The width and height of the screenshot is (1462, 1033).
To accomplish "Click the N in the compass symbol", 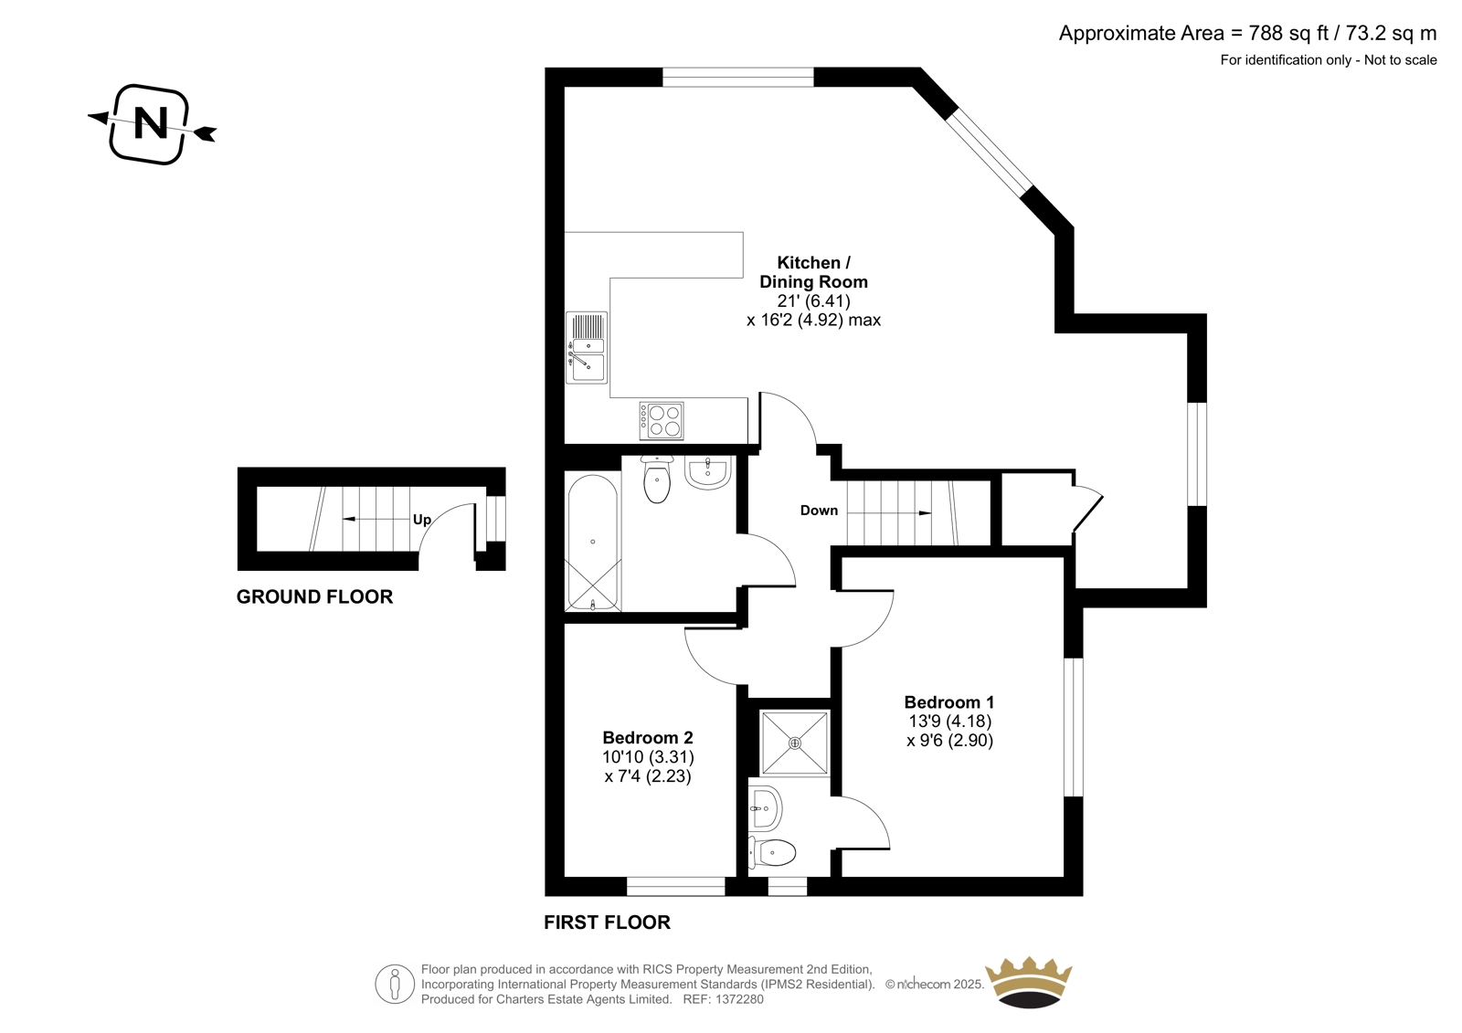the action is [151, 122].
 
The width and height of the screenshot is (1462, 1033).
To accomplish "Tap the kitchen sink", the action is [587, 347].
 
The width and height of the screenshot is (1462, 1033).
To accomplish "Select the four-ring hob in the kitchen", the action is [662, 420].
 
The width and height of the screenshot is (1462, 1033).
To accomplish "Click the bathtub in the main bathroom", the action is [593, 541].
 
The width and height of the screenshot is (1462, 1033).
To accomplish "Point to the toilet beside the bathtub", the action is [657, 479].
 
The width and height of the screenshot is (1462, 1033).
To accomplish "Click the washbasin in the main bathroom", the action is [707, 472].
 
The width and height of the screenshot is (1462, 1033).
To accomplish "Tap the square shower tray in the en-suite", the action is [795, 743].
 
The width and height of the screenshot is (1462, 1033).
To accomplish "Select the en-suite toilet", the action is [772, 852].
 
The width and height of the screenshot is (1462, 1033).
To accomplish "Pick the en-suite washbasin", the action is [764, 808].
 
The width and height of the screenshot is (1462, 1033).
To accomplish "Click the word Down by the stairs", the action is [819, 511].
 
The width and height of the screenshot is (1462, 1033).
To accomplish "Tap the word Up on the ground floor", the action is [421, 520].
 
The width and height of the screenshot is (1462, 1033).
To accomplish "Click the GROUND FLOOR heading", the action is [314, 596].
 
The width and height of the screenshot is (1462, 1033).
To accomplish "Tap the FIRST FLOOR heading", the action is [607, 922].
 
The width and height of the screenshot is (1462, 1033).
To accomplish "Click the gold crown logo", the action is [1029, 982].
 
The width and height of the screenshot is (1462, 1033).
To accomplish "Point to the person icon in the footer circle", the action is [394, 984].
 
